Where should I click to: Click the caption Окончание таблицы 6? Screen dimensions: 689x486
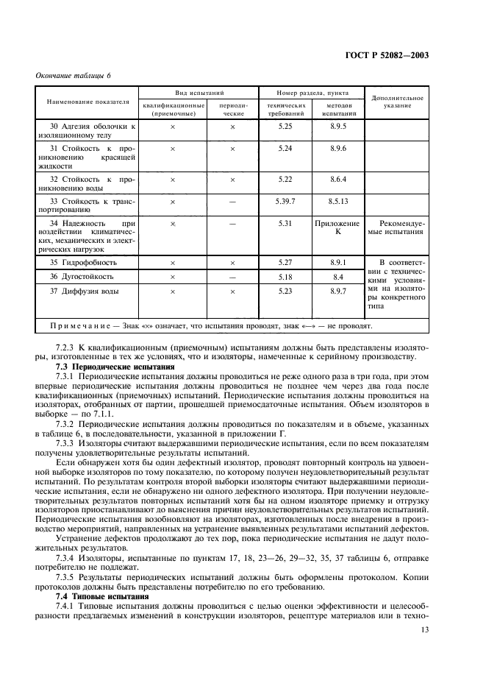(73, 76)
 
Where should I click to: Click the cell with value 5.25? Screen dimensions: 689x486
(286, 127)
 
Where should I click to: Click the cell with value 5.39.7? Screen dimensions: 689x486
(286, 201)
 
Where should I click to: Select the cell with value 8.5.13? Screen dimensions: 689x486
(338, 201)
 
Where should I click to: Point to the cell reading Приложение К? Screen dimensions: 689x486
(338, 227)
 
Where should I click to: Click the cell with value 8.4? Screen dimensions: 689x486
(338, 277)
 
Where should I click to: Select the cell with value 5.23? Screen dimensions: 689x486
(286, 291)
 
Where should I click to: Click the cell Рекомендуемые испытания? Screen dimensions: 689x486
(397, 227)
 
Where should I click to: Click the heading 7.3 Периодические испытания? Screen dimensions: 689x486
(115, 366)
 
